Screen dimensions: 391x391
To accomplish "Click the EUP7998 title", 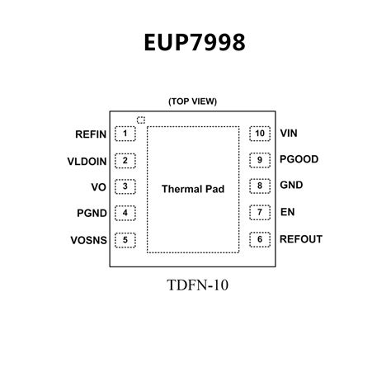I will click(195, 42).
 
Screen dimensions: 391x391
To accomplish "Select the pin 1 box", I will click(125, 133).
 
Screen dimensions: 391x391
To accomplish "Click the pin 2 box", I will click(125, 160).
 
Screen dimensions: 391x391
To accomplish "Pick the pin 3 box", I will click(125, 186).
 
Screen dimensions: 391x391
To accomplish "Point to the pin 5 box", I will click(125, 241).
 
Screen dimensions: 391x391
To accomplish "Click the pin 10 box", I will click(260, 133).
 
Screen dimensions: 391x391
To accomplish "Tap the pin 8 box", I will click(260, 186).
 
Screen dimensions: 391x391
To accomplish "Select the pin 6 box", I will click(260, 240).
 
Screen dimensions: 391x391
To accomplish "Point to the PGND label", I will click(91, 214).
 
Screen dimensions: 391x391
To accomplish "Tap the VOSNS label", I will click(88, 241).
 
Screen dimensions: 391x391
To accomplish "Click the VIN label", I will click(288, 133).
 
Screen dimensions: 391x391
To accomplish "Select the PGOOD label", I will click(299, 159).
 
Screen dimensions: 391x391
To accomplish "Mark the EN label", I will click(287, 213).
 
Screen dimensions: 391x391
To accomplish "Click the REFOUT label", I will click(300, 240).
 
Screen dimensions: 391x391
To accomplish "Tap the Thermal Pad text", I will click(192, 189).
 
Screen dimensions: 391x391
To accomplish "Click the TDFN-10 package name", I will click(195, 285).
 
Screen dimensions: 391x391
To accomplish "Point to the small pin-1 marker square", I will click(140, 120).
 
